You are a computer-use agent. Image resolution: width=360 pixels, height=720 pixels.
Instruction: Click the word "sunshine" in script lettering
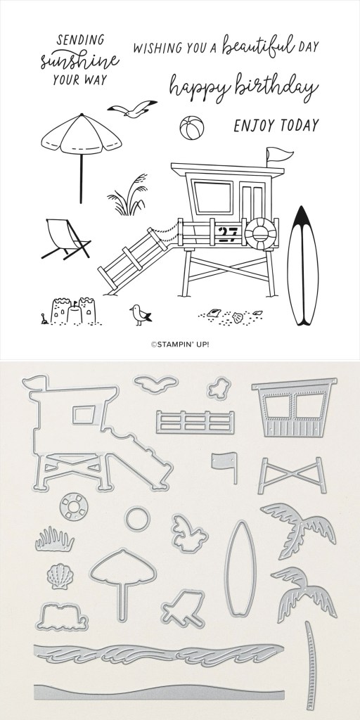[x=80, y=60]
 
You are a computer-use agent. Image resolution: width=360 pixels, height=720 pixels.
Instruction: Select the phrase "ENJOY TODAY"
[x=276, y=125]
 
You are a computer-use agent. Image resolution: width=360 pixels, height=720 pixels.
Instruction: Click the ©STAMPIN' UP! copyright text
[x=180, y=345]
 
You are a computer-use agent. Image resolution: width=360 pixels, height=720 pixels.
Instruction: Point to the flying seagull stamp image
[x=132, y=109]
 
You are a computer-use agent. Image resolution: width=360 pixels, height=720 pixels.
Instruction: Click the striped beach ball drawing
[x=191, y=128]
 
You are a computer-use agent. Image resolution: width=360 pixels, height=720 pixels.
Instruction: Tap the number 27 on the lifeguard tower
[x=227, y=233]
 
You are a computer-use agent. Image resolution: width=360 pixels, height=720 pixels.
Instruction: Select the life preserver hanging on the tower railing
[x=260, y=233]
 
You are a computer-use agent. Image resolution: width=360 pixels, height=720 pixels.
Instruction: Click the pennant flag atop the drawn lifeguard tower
[x=278, y=154]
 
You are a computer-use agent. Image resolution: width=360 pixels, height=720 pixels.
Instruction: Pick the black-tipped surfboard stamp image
[x=302, y=266]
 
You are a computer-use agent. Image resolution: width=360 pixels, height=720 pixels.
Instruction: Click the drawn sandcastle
[x=73, y=311]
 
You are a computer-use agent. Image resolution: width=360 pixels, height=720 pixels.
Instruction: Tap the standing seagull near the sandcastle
[x=140, y=315]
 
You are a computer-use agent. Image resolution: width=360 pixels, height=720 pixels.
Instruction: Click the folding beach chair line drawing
[x=65, y=239]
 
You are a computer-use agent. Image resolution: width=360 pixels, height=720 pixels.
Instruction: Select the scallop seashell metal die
[x=60, y=577]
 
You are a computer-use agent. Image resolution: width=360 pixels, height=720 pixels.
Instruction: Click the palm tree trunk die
[x=311, y=666]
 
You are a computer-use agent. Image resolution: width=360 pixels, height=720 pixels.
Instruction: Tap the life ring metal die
[x=73, y=507]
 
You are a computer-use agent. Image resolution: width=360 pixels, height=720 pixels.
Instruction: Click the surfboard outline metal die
[x=240, y=568]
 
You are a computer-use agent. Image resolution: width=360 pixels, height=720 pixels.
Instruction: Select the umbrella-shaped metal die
[x=122, y=567]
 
